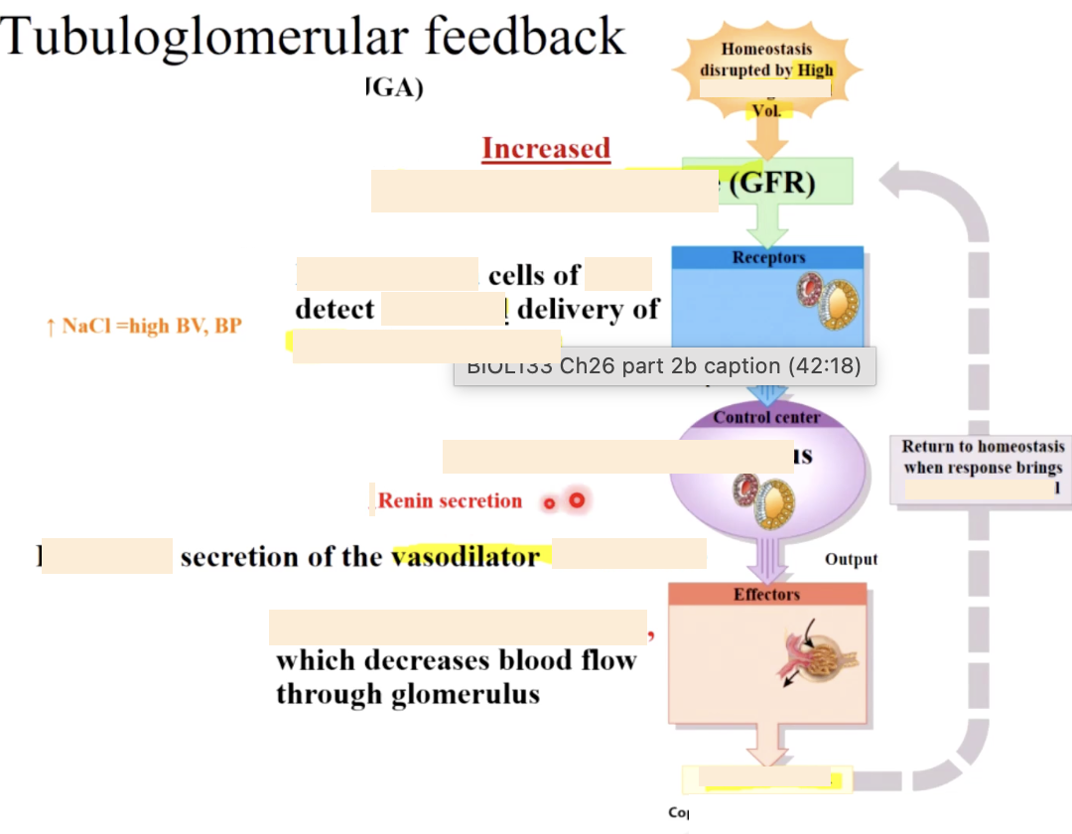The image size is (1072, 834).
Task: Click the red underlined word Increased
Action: point(546,149)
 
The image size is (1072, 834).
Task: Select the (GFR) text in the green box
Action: point(772,183)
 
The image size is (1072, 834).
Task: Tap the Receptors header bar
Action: point(768,258)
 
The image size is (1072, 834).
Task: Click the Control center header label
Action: point(766,418)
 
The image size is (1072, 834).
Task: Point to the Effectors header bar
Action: point(766,595)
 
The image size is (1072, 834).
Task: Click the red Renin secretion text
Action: point(450,501)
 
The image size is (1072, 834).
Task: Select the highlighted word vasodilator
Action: point(466,557)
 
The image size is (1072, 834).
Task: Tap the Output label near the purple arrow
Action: point(851,560)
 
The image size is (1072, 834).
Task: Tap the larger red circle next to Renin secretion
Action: point(576,500)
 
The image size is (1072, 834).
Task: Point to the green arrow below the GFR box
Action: point(766,224)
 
